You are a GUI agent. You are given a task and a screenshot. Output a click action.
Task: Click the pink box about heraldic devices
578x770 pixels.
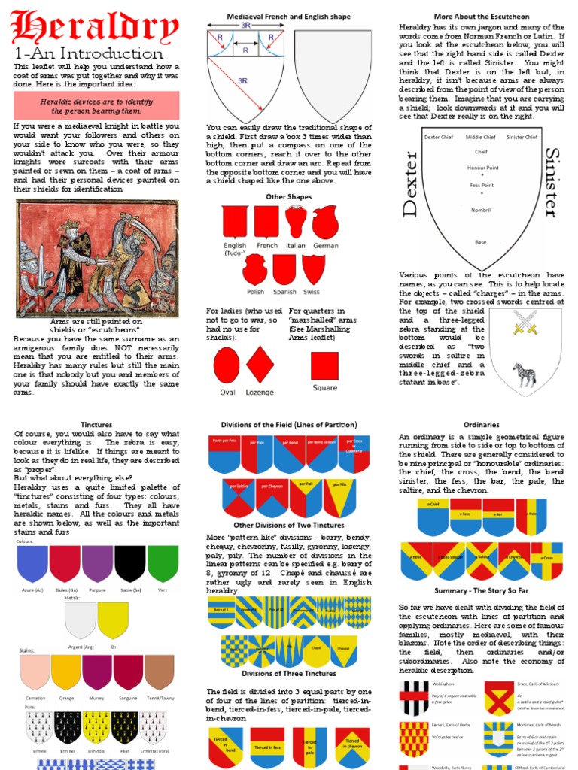coord(96,105)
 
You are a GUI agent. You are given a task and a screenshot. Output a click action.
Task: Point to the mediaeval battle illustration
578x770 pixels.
coord(97,257)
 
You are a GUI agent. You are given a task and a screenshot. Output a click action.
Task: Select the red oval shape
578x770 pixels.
coord(227,365)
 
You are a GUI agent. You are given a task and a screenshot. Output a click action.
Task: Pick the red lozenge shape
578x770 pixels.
coord(259,365)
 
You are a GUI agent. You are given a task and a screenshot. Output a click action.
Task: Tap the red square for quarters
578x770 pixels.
coord(325,365)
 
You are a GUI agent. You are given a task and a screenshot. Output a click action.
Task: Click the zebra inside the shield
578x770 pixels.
coord(524,374)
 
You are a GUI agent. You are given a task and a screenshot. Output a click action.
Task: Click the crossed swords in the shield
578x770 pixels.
coord(525,321)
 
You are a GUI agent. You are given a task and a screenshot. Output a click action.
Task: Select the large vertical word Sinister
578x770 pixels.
coord(551,183)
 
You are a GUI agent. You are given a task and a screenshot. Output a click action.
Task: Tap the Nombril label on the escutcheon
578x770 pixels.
coord(480,210)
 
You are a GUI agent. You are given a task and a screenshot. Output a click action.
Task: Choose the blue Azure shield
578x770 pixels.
coord(32,564)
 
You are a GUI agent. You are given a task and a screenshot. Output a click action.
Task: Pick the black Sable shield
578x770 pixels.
coord(129,564)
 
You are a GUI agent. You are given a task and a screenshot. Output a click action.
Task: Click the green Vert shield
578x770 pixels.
coord(163,564)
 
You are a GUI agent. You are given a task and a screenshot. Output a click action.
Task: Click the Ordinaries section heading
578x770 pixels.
coord(481,425)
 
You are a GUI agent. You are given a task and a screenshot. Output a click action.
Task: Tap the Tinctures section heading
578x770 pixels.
coord(96,425)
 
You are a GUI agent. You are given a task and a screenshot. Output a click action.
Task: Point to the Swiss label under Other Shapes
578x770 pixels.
coord(312,292)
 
